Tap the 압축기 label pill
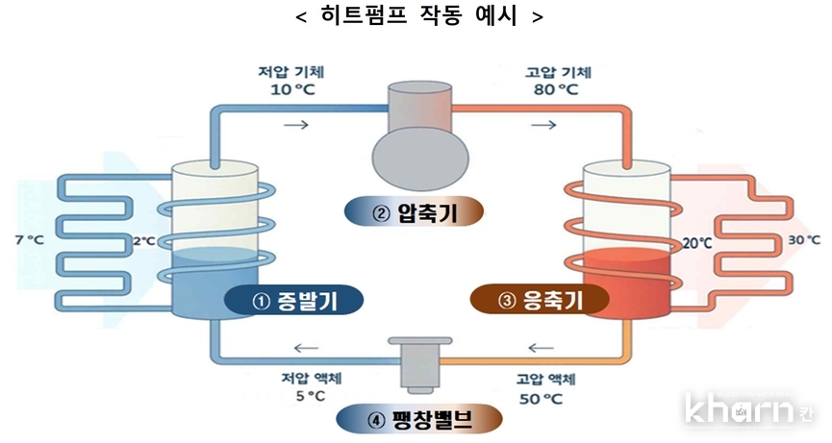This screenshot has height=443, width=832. point(416,213)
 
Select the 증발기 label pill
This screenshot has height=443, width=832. point(293,302)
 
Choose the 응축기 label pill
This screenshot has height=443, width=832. point(541,302)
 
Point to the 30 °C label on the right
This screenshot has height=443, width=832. point(803,239)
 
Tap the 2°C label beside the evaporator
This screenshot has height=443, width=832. point(142,241)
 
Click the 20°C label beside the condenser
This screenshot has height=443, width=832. point(696,243)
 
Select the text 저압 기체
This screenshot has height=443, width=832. point(284,72)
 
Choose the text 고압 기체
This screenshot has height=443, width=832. point(558,72)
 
